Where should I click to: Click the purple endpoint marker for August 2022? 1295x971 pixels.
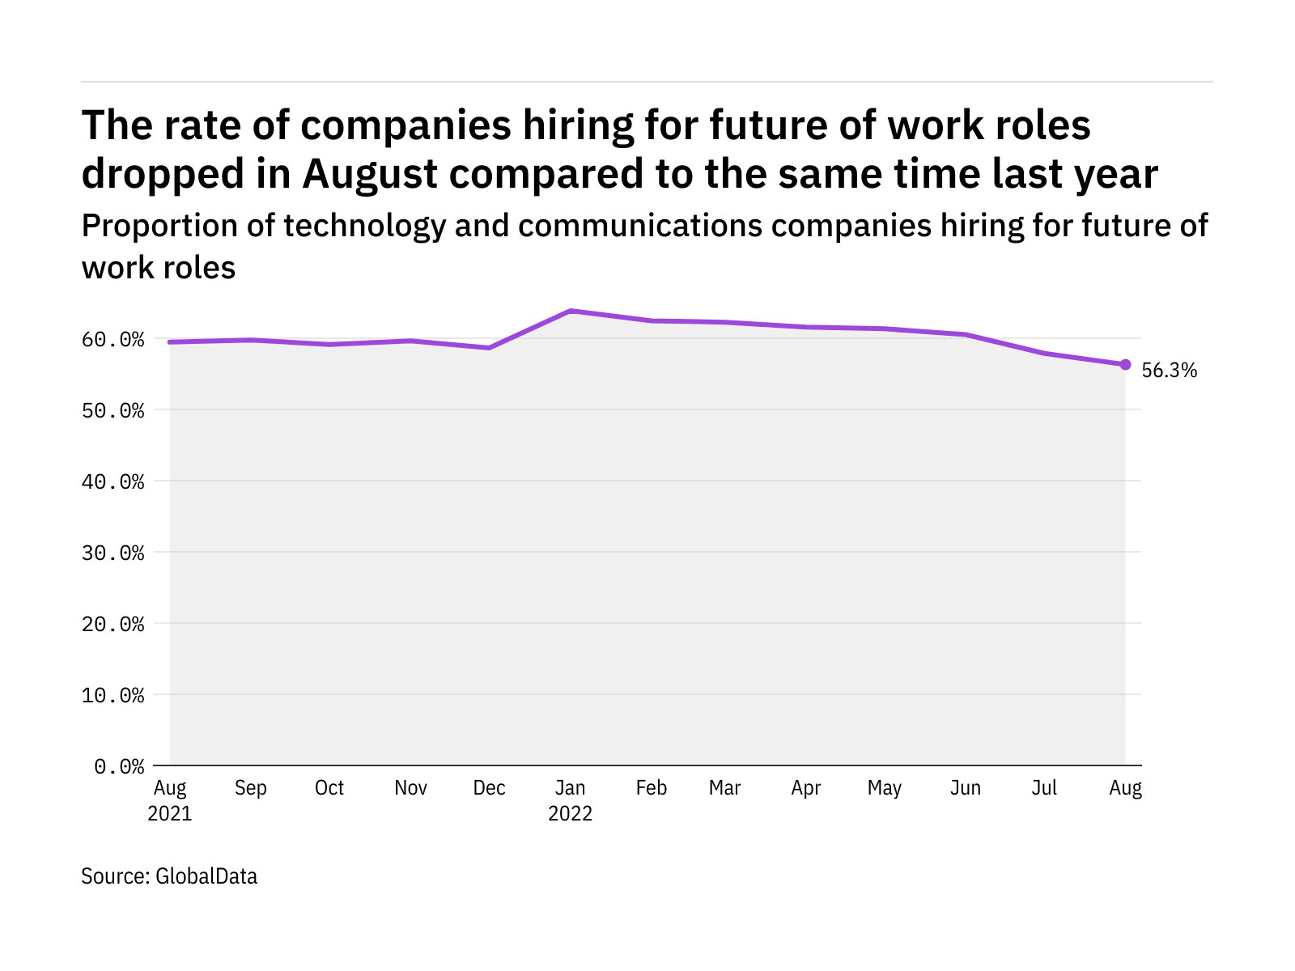pos(1125,364)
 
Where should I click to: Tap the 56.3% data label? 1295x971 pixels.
pos(1169,371)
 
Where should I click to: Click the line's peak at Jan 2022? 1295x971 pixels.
pos(571,311)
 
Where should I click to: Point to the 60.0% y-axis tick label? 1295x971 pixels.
pos(113,339)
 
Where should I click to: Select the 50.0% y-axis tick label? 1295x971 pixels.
pos(113,410)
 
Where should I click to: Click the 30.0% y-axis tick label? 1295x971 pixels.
pos(113,553)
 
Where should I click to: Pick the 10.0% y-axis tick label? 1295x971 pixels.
pos(113,695)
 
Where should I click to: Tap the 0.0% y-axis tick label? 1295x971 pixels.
pos(119,766)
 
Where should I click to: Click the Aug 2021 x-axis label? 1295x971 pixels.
pos(170,800)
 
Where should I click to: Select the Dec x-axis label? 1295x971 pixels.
pos(490,788)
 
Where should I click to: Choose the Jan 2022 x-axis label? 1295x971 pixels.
pos(571,800)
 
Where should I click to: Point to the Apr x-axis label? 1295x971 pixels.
pos(806,788)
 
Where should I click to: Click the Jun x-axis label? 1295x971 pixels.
pos(966,788)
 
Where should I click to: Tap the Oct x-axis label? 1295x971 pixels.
pos(329,788)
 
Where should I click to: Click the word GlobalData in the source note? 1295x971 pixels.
pos(206,876)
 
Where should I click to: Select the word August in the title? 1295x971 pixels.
pos(370,174)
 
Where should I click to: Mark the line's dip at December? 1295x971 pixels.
pos(490,348)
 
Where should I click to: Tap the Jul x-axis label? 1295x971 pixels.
pos(1044,788)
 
